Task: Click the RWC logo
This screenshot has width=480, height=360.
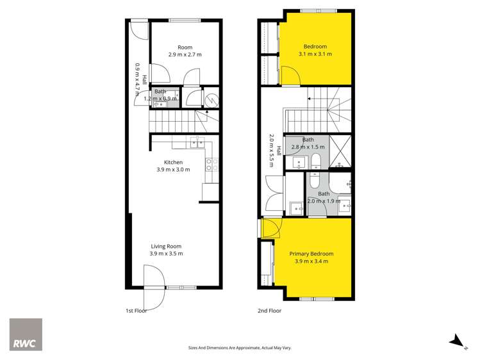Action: click(26, 334)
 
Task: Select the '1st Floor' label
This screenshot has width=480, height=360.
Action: click(137, 311)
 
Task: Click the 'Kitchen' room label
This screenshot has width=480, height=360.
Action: click(174, 162)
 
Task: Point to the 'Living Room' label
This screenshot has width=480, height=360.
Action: click(167, 247)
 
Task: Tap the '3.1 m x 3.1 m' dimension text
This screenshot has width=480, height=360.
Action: click(315, 54)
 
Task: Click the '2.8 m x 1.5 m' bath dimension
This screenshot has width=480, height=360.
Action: click(308, 147)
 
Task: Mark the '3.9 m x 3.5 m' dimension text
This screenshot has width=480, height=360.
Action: click(167, 254)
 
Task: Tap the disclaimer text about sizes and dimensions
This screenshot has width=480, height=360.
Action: click(240, 348)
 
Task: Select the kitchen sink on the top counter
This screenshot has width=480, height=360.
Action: click(197, 142)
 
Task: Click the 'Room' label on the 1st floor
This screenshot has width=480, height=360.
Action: click(185, 47)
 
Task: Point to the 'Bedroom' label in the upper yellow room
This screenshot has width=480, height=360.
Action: click(315, 47)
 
